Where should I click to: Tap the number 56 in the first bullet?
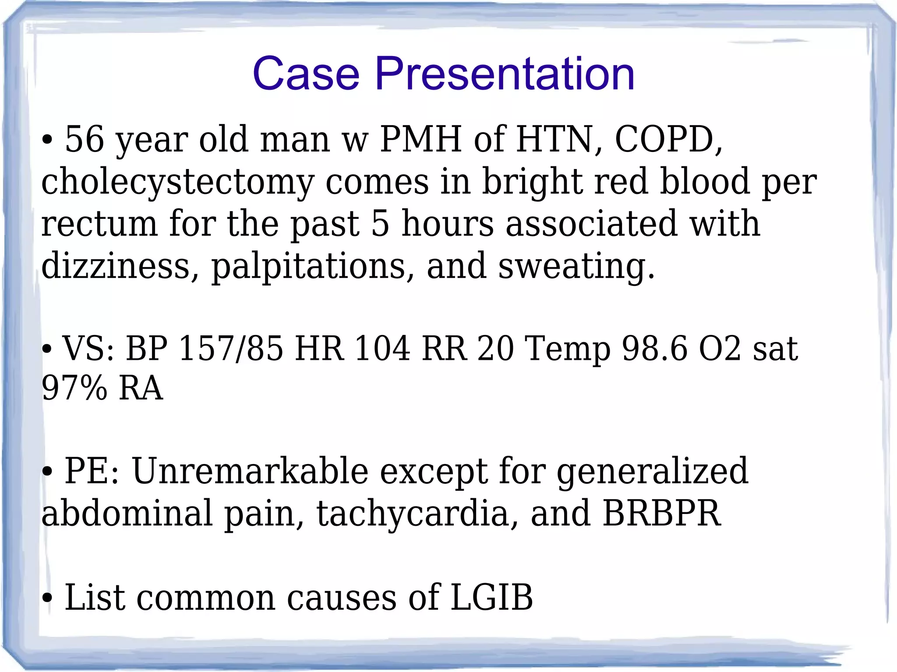tap(84, 139)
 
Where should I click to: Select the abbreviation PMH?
tap(421, 139)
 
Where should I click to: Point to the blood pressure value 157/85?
tap(231, 348)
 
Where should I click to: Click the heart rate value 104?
tap(382, 348)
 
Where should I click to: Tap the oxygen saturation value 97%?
tap(74, 388)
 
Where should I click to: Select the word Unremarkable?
tap(250, 471)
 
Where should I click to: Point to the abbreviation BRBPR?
tap(662, 513)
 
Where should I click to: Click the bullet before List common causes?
tap(48, 598)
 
